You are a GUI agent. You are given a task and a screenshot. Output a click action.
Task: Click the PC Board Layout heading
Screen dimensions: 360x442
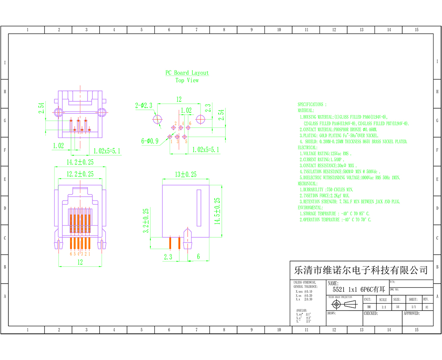click(x=187, y=73)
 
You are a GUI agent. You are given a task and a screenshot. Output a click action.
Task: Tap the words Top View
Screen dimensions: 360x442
click(x=187, y=80)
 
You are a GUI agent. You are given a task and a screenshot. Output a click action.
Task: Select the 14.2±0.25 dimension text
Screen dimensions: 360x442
click(x=80, y=163)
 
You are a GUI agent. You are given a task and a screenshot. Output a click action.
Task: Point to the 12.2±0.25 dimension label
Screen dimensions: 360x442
click(x=80, y=174)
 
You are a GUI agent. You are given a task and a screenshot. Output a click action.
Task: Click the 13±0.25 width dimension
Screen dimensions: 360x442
click(x=185, y=174)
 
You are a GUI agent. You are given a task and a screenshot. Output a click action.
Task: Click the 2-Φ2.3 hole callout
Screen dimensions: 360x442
click(x=144, y=106)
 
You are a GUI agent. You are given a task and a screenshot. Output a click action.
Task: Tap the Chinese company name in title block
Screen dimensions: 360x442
click(x=361, y=269)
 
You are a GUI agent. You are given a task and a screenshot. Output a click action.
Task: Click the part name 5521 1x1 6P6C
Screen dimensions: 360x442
click(x=356, y=289)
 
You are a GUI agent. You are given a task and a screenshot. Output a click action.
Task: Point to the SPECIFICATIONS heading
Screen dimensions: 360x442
click(x=312, y=104)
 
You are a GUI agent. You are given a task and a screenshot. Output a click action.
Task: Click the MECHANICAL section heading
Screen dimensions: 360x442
click(x=307, y=183)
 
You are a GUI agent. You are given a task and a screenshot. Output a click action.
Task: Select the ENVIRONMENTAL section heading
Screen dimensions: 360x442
click(x=310, y=208)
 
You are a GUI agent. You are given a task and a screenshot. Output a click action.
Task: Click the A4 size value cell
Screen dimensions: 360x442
click(x=397, y=307)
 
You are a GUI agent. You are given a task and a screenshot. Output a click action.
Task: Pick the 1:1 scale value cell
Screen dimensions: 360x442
click(x=383, y=307)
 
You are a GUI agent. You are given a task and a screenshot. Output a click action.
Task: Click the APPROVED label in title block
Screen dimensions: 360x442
click(x=411, y=313)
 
